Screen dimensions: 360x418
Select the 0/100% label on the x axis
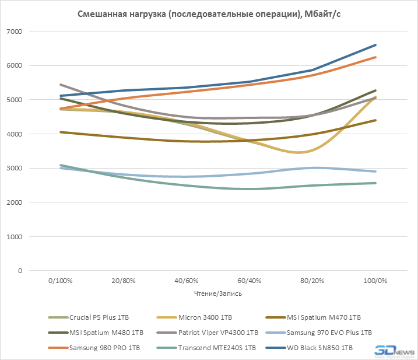[61, 281]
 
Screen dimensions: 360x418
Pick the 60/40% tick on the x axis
[250, 281]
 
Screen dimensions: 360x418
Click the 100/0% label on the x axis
[375, 281]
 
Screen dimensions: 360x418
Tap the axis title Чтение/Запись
[217, 293]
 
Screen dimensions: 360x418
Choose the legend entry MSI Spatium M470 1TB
[324, 317]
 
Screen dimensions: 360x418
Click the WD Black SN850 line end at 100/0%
[375, 45]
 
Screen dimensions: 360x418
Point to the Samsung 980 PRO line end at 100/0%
[375, 57]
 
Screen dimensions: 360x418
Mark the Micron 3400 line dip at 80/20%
[312, 151]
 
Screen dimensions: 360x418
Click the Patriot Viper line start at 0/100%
[61, 85]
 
